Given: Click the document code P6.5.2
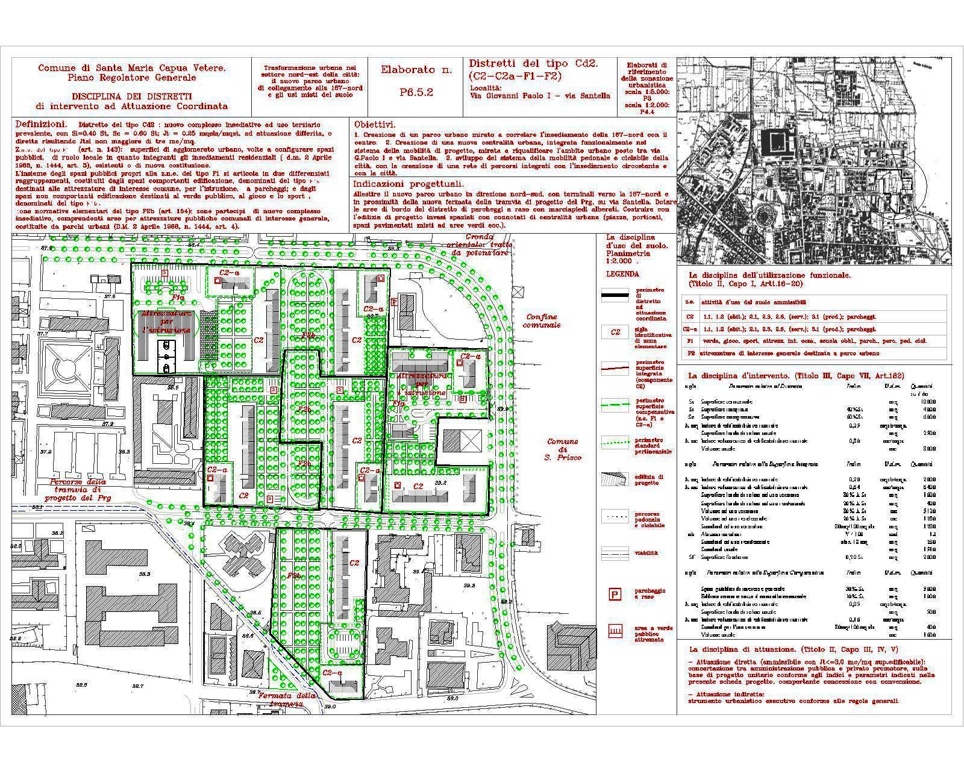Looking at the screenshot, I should point(416,93).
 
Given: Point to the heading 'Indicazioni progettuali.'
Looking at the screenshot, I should point(408,184).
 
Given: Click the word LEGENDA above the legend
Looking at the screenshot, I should point(623,273).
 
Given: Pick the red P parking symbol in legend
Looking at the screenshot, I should point(615,595).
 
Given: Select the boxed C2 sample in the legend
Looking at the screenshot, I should point(615,332).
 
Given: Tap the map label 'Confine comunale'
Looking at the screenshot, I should point(542,320).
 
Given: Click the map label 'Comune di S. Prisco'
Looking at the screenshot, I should point(563,449).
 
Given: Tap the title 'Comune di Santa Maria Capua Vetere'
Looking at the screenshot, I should point(132,72).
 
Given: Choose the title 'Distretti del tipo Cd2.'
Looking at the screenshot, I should point(533,64).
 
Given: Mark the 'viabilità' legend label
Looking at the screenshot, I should point(646,552).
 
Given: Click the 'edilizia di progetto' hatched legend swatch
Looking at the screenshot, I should point(615,479).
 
